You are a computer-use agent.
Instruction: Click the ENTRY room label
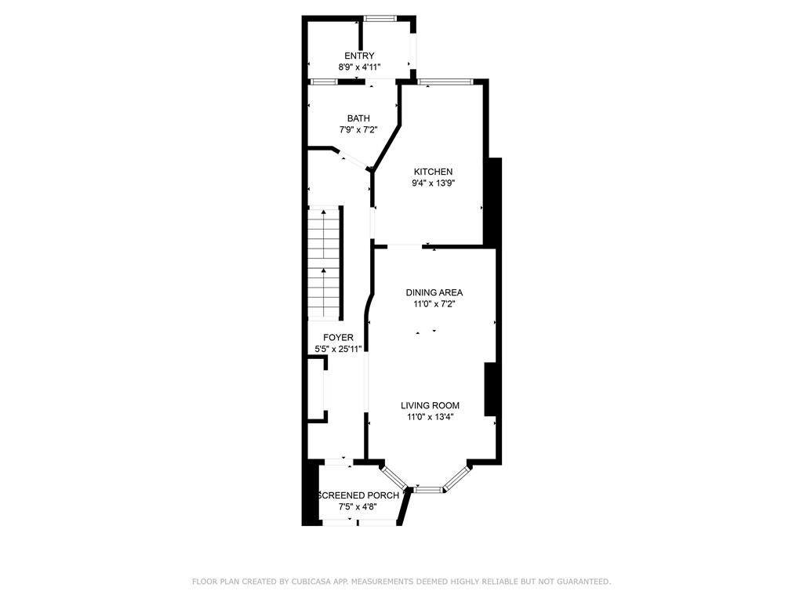pos(359,56)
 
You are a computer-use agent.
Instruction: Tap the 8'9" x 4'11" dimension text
pos(359,67)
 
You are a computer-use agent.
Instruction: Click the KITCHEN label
pos(434,172)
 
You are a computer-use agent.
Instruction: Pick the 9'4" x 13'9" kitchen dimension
pos(434,183)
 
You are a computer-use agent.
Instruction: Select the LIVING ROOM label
pos(430,405)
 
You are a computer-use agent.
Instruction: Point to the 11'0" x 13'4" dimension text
pos(430,417)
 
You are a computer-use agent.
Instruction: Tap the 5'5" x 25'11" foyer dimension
pos(338,350)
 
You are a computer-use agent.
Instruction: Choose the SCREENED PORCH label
pos(358,495)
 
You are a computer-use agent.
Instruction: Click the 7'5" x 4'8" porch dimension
pos(358,507)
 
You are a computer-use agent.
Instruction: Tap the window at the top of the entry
pos(380,18)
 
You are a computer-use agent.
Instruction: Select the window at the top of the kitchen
pos(445,82)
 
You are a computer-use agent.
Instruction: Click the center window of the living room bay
pos(429,490)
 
